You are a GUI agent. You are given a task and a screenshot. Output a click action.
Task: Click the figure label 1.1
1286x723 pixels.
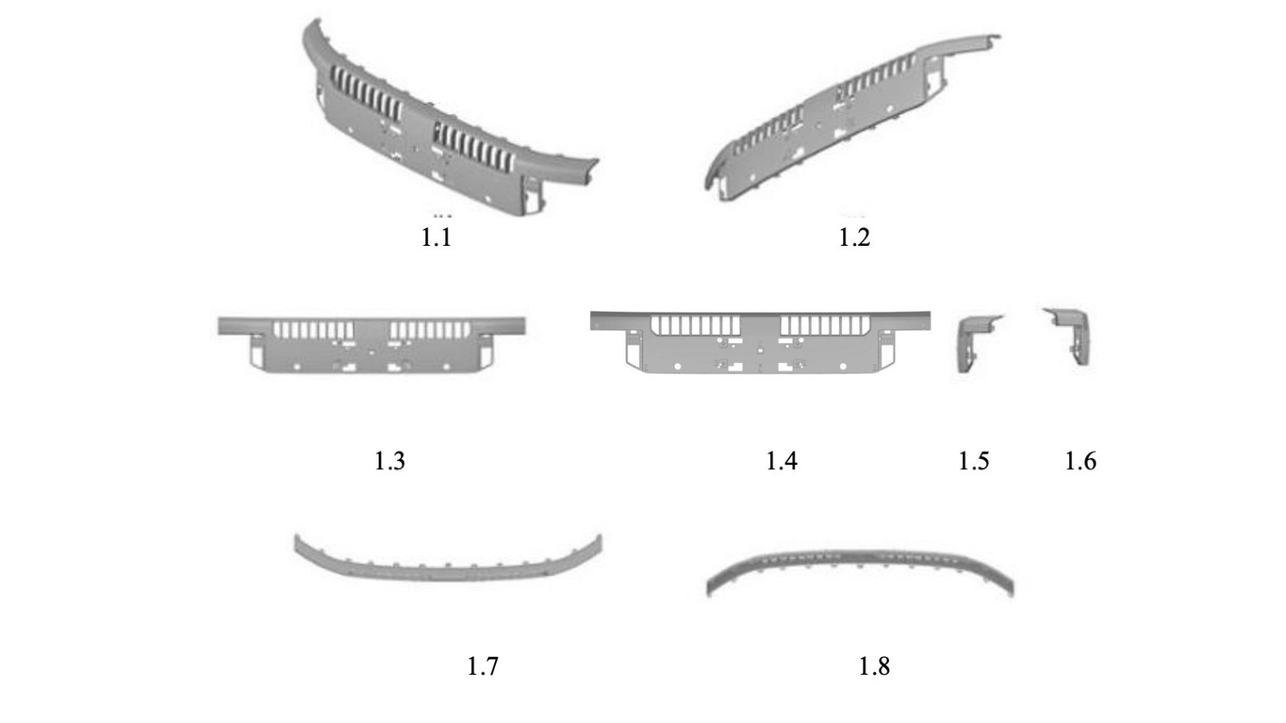436,238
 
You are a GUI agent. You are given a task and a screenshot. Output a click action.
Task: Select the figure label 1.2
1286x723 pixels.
854,238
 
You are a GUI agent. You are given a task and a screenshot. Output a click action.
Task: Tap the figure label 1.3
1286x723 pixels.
390,461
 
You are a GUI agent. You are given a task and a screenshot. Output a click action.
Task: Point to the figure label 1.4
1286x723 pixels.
781,461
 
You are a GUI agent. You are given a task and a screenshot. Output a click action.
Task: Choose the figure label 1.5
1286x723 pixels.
973,461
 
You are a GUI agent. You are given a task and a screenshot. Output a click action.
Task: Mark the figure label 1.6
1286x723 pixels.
1080,461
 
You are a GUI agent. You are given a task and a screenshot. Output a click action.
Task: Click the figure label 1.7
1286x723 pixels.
482,666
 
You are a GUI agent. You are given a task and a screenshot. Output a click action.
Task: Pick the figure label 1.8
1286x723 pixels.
874,666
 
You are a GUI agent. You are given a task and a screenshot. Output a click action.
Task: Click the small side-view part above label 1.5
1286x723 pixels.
975,343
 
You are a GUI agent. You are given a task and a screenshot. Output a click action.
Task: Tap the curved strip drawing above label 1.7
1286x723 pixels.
447,562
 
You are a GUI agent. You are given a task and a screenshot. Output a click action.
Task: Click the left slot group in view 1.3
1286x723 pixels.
313,330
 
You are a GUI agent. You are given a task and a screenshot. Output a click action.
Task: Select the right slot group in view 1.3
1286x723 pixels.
429,330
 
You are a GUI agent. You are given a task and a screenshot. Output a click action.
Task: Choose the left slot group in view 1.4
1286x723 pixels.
695,325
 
